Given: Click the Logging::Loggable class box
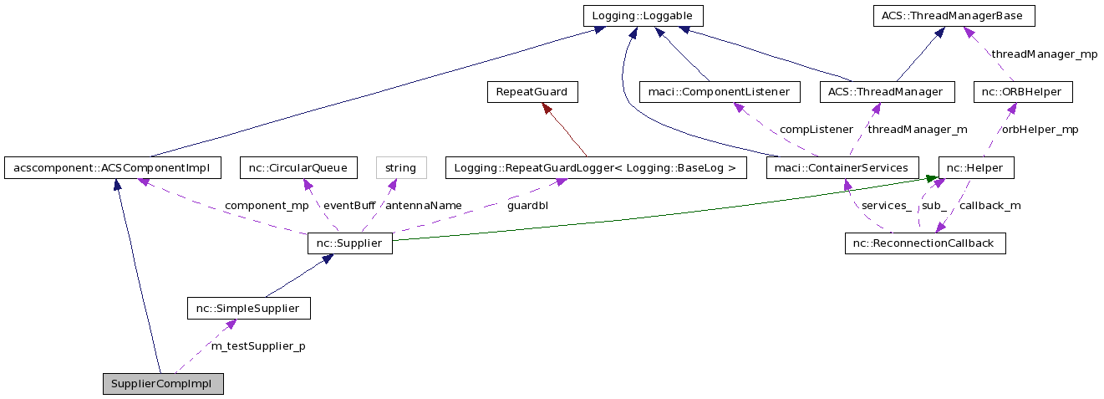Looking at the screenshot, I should [643, 16].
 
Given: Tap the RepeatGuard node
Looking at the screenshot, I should [532, 92].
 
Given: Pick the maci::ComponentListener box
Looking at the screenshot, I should [719, 92].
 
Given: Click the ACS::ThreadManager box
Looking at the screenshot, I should [886, 92].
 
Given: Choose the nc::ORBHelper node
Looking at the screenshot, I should [1022, 92].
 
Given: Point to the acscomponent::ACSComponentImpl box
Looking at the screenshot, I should [112, 168].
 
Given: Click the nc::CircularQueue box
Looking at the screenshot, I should [298, 168].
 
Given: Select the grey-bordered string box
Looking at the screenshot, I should [401, 168].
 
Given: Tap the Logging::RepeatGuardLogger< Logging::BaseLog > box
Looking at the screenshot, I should [594, 168].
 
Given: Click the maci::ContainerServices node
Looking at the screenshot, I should [842, 168].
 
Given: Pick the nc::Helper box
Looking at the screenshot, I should [976, 168].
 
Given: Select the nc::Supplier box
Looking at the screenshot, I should [349, 244].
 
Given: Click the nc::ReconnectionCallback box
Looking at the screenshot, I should [924, 244].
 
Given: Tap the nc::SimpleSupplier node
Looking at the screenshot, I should [248, 309].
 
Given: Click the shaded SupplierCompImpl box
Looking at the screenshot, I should [163, 385].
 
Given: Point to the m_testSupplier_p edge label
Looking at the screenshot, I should [257, 346].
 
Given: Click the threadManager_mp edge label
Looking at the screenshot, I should [1044, 54].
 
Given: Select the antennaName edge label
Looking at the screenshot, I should [423, 206].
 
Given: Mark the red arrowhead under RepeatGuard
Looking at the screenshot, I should [546, 109].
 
